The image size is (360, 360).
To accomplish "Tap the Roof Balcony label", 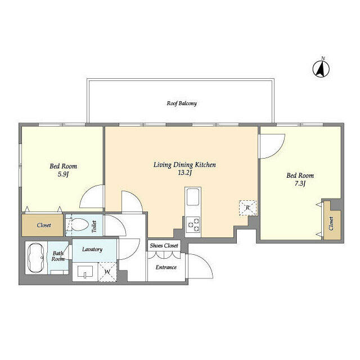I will (181, 103).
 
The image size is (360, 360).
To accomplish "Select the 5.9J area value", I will (63, 174).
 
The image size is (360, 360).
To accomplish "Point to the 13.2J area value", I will (184, 173).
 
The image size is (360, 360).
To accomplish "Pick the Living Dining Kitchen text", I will (184, 165).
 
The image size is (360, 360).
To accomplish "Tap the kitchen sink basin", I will (192, 198).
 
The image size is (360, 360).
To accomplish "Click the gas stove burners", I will (193, 224).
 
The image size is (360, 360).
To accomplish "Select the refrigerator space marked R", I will (247, 208).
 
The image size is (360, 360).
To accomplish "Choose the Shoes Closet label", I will (164, 246).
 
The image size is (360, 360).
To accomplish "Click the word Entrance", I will (166, 267).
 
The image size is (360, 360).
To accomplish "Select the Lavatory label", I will (91, 249).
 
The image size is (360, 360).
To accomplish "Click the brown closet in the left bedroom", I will (43, 225).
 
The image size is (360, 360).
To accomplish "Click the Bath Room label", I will (58, 256).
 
